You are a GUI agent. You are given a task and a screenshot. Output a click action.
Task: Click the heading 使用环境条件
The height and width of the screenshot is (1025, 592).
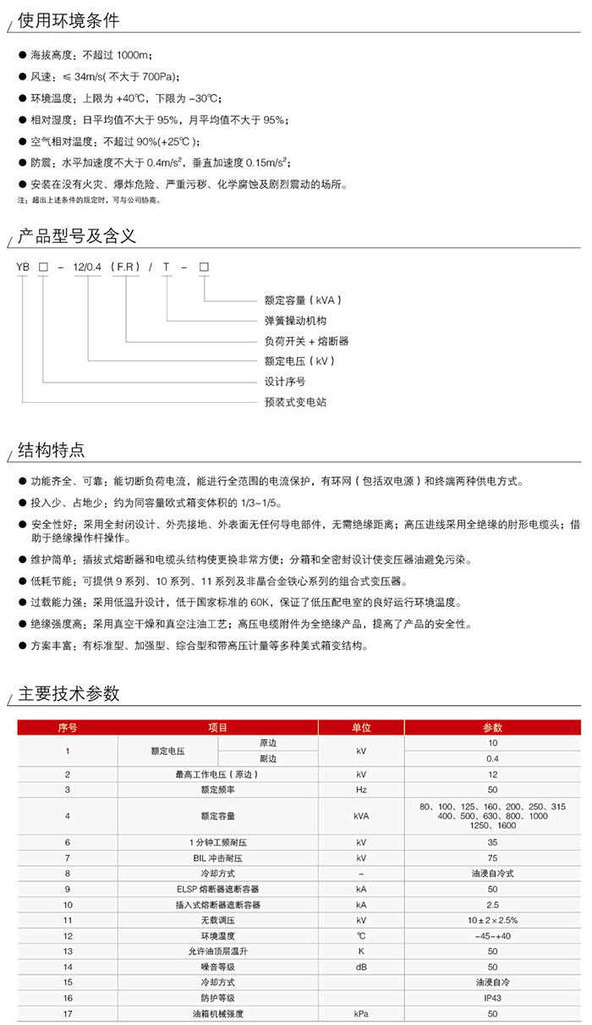(x=69, y=20)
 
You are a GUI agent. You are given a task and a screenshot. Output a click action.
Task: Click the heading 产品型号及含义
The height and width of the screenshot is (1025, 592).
(x=77, y=234)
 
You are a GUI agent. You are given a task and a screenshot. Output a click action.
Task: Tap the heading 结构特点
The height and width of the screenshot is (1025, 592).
(x=52, y=449)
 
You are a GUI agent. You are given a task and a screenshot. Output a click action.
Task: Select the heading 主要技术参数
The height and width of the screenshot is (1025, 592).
(x=69, y=694)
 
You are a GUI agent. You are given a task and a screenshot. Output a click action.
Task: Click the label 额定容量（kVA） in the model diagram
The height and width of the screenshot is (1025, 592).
(x=303, y=300)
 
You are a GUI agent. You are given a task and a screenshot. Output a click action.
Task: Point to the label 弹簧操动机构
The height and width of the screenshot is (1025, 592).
(x=295, y=320)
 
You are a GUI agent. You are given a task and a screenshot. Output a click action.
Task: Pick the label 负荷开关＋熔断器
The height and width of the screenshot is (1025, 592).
(x=306, y=340)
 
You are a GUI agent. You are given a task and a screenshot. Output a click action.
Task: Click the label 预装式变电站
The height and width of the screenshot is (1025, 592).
(x=295, y=401)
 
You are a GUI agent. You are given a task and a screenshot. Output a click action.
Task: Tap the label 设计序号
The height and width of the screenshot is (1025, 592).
(x=285, y=381)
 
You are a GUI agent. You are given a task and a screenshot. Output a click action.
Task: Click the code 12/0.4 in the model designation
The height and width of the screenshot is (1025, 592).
(x=88, y=267)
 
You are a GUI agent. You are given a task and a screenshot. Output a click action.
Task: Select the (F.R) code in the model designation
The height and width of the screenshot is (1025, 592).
(x=127, y=267)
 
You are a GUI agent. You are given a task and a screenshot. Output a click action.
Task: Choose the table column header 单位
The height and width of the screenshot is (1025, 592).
(x=361, y=727)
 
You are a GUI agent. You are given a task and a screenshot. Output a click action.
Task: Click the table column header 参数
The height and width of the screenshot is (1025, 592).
(x=492, y=727)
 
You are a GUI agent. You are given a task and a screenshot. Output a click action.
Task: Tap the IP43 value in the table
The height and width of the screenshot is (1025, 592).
(x=492, y=998)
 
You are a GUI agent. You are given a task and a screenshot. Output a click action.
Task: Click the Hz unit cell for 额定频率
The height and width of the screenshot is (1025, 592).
(x=361, y=789)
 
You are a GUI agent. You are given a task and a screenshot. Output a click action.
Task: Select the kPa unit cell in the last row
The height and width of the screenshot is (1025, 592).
(x=361, y=1013)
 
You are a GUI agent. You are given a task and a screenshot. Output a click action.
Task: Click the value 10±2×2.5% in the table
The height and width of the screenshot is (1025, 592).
(x=492, y=920)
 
